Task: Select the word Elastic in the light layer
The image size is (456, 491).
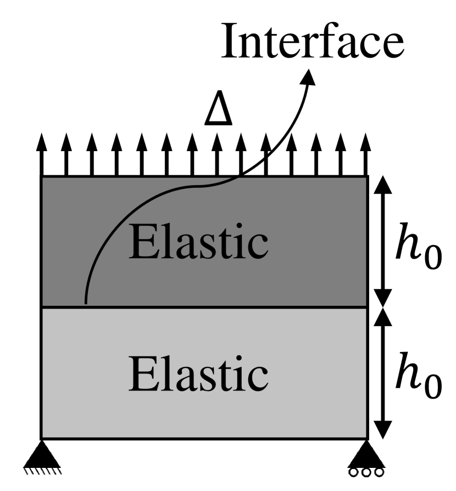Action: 198,375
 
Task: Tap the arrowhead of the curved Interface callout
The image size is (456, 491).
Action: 309,78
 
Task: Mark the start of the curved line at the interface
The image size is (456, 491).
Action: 85,303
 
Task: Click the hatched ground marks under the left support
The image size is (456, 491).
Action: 43,470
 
